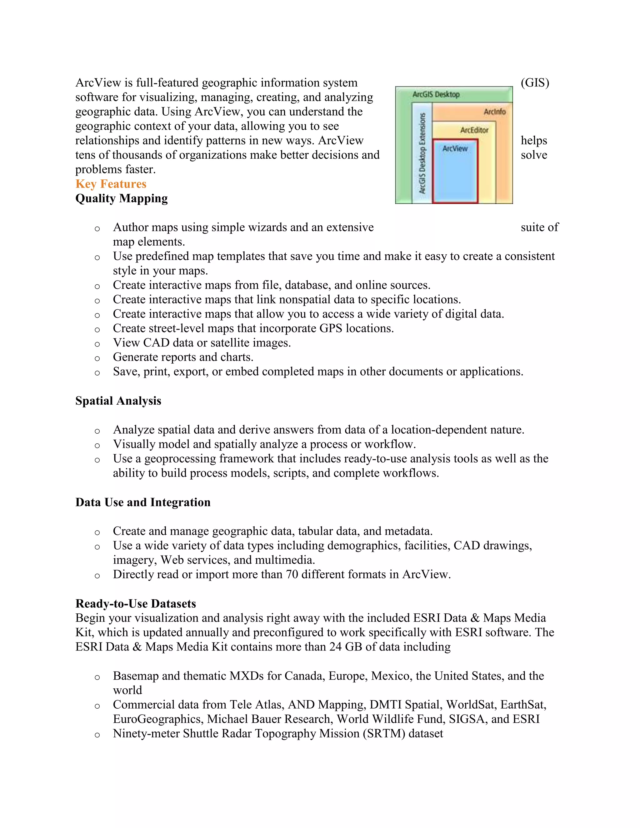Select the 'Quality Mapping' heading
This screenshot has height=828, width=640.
(x=121, y=198)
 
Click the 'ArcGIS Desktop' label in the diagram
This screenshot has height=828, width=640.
(x=436, y=94)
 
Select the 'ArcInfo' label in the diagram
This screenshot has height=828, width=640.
(x=494, y=112)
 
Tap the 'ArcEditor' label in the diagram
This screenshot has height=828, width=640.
(x=474, y=130)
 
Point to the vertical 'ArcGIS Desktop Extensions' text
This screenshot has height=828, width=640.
(x=422, y=153)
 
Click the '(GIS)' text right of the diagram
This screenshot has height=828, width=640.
(x=535, y=83)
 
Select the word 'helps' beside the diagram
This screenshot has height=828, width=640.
(x=533, y=140)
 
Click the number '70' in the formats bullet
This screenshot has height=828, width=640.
(x=292, y=574)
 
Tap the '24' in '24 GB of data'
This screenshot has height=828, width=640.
(x=335, y=646)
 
